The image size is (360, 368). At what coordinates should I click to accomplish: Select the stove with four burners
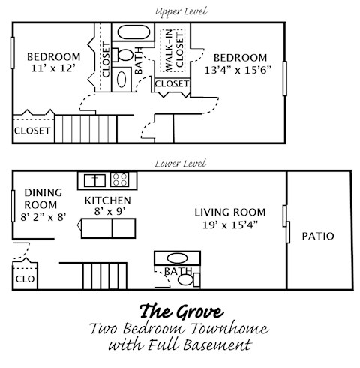pos(120,179)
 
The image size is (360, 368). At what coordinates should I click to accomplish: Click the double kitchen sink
pos(94,179)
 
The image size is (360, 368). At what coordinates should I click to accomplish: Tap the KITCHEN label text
pos(107,201)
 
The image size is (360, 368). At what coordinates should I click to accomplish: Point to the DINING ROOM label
pos(42,198)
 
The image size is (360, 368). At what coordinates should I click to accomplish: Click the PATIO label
pos(317,236)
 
